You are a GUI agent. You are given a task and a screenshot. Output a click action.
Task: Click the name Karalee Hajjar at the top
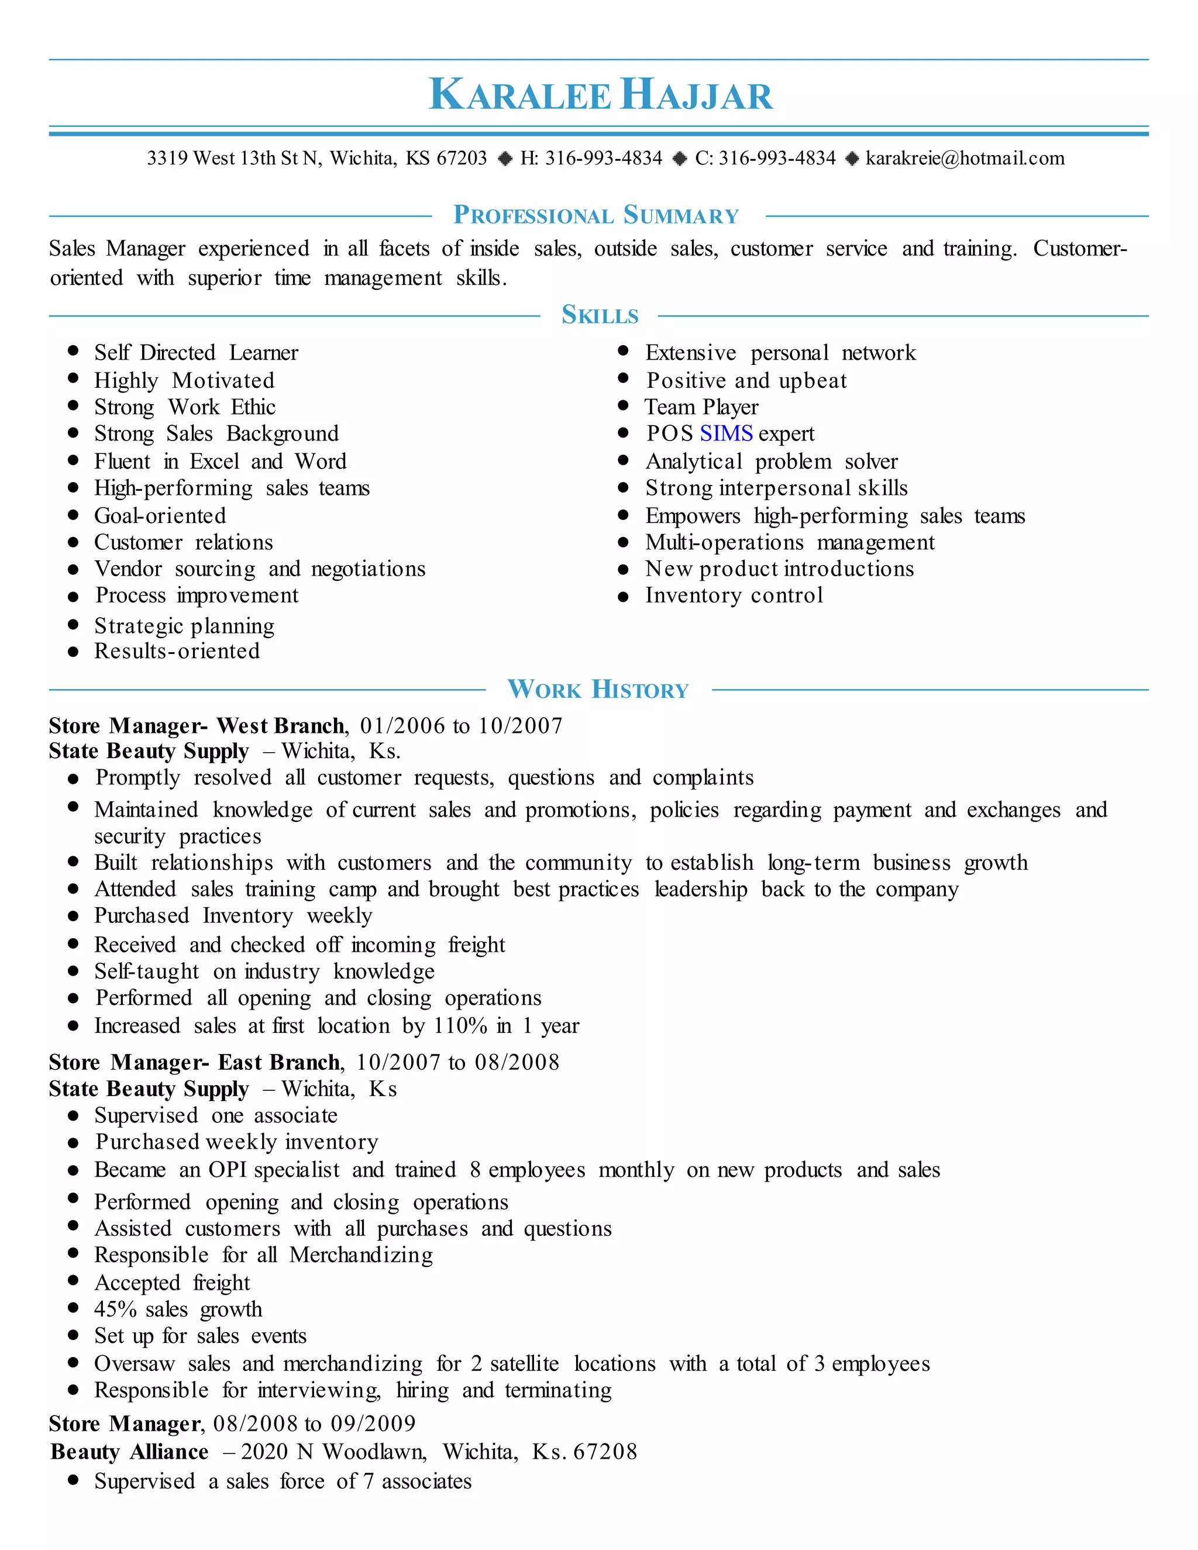(x=600, y=94)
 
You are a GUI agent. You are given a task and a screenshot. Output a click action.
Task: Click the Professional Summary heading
(x=596, y=215)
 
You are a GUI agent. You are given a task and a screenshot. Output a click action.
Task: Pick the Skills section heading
(x=600, y=315)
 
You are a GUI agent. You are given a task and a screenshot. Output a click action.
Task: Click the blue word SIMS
(x=725, y=433)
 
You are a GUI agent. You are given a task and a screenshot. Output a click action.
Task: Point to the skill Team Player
(x=701, y=407)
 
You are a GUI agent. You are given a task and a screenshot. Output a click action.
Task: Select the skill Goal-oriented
(x=160, y=516)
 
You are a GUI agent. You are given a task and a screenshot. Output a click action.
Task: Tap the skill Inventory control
(x=734, y=595)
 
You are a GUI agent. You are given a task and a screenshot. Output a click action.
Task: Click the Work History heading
(x=598, y=689)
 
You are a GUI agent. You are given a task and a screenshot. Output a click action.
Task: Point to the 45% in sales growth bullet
(x=116, y=1310)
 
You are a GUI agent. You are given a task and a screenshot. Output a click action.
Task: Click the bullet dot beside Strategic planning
(x=73, y=625)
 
